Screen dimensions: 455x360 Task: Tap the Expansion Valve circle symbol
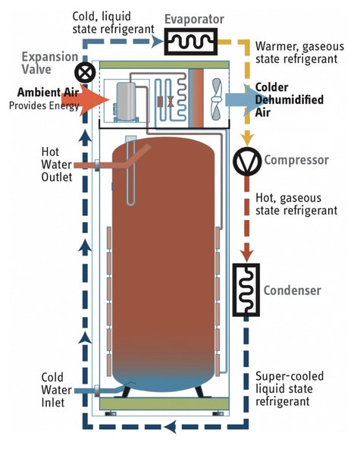[83, 73]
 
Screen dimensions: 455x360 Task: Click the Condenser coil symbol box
[246, 290]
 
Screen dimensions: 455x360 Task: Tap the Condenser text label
[293, 290]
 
